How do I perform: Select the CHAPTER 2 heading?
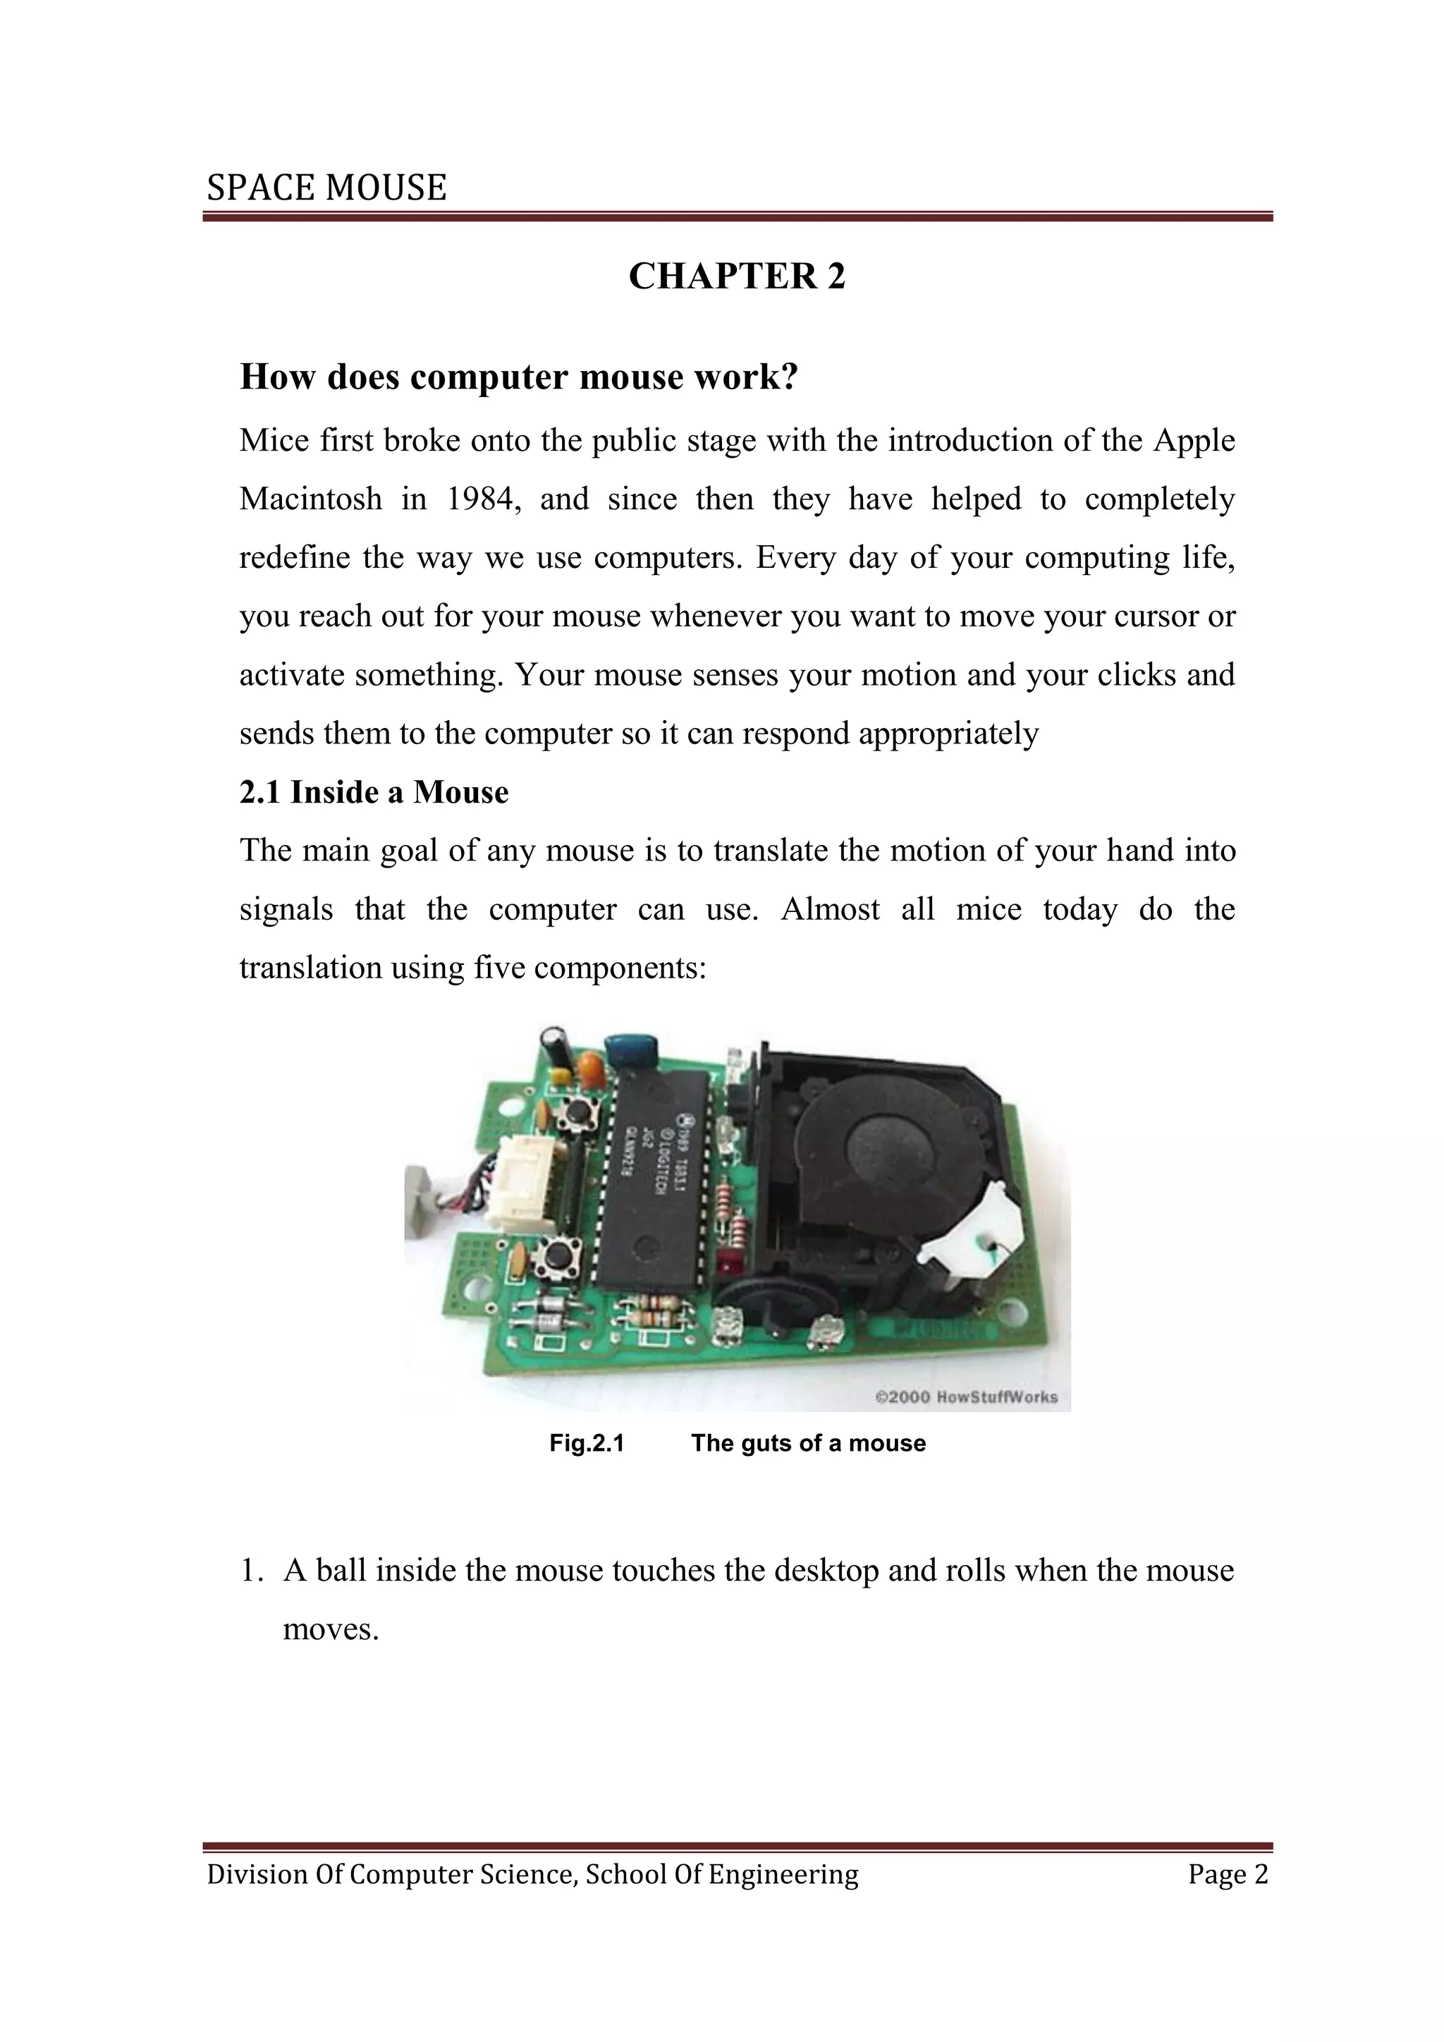736,276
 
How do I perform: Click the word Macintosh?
310,499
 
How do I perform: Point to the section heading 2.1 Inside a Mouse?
374,791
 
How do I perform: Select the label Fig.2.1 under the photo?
586,1442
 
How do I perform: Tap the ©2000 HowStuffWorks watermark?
966,1397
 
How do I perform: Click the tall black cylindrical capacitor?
558,1044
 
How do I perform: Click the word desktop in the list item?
827,1571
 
